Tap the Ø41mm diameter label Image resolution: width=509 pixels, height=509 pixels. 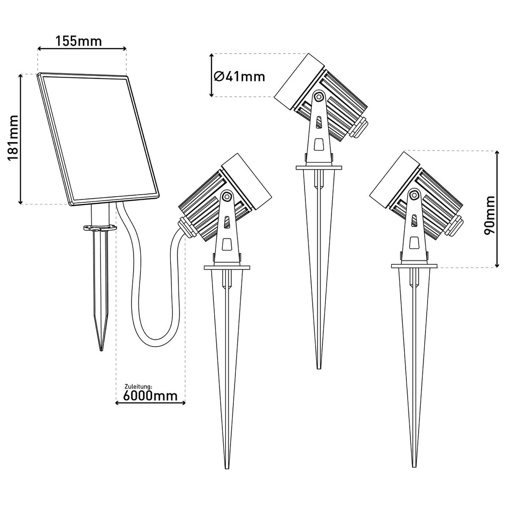[x=239, y=76]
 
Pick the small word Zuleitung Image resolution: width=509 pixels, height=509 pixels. [x=138, y=386]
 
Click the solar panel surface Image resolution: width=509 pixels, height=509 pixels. [x=98, y=138]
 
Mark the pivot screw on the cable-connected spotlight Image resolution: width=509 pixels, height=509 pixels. [x=227, y=196]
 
